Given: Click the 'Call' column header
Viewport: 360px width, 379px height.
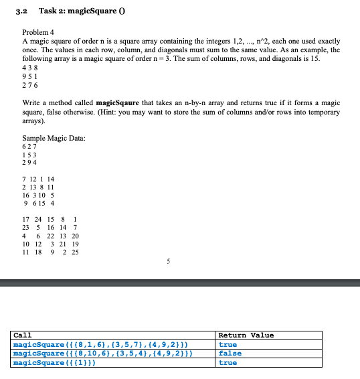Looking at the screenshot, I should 22,335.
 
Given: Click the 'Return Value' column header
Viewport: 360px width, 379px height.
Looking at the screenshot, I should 246,335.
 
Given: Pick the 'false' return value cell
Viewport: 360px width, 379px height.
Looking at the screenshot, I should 230,353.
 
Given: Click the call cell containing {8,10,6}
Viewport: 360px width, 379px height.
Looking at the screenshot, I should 103,353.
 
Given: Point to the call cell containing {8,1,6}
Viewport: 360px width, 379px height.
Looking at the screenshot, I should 100,344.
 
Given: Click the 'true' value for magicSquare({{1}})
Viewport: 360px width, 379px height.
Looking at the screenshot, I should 228,362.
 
